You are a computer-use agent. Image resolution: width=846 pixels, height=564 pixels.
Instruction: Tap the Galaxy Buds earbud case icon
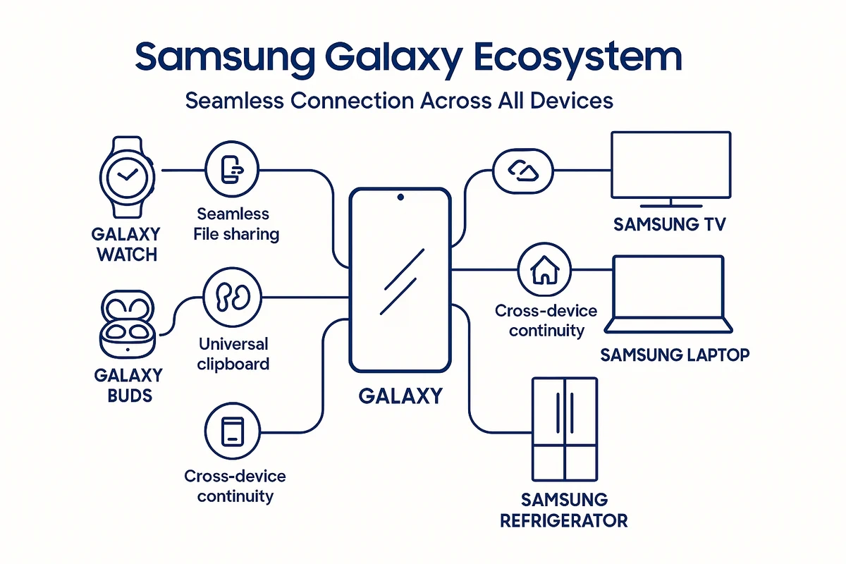(127, 326)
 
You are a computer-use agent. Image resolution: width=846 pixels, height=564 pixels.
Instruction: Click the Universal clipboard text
(233, 354)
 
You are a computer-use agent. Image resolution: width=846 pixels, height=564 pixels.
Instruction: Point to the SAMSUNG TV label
(669, 225)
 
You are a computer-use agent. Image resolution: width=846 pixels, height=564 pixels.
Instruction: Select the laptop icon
(668, 295)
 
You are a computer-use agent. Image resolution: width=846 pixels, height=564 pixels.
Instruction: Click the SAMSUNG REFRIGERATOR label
(564, 510)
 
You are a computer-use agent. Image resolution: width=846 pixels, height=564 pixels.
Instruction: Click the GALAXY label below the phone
(400, 396)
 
